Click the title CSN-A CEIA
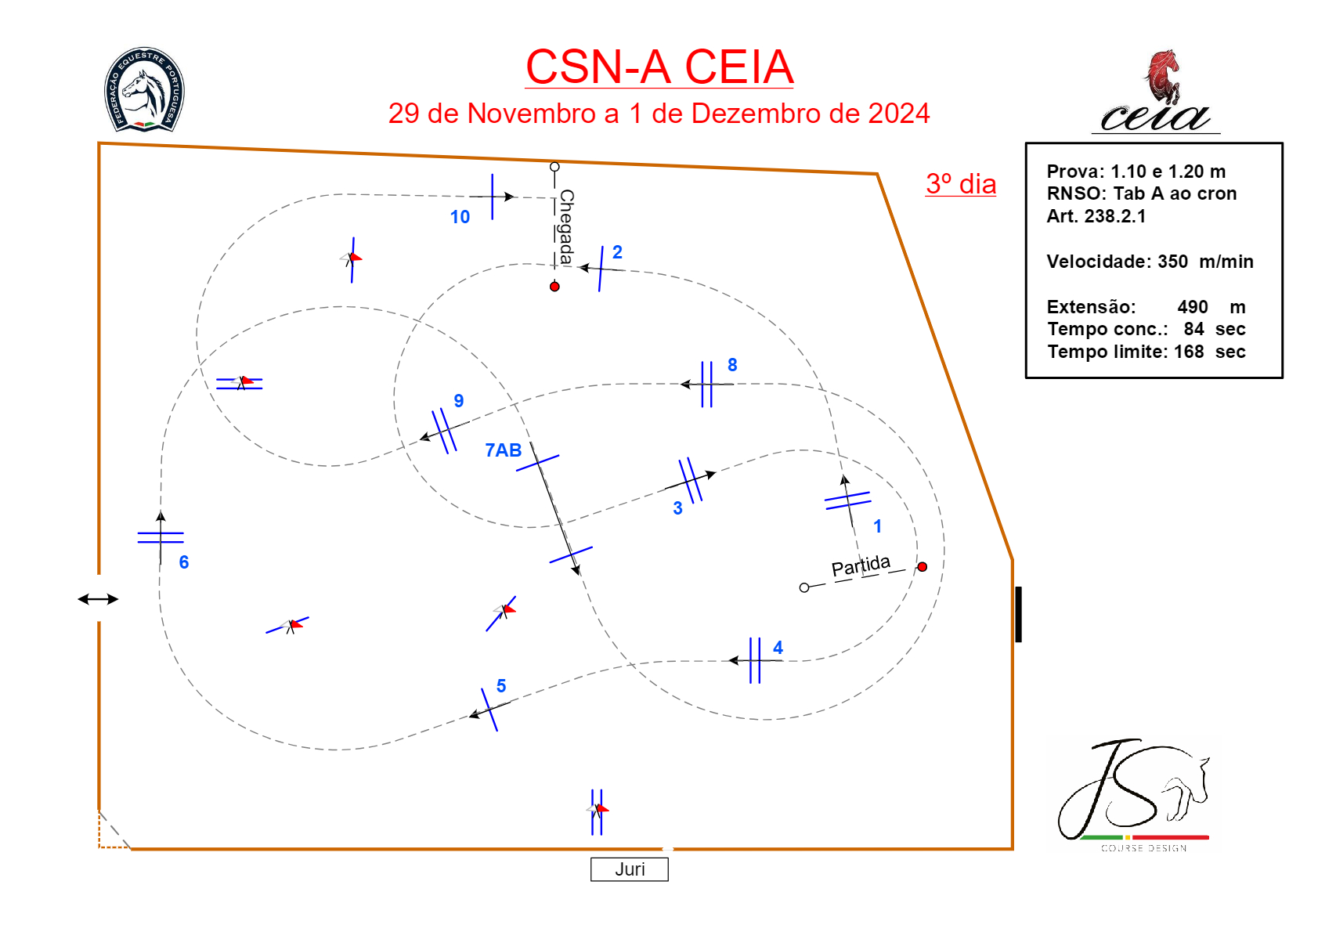tap(659, 67)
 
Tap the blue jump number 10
tap(460, 217)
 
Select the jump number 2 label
tap(617, 252)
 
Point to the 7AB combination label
tap(503, 450)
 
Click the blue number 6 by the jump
tap(184, 562)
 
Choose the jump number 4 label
tap(778, 648)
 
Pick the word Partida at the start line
tap(861, 565)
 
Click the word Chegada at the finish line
tap(565, 226)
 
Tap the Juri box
tap(630, 869)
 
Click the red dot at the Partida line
tap(922, 567)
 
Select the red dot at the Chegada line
tap(554, 287)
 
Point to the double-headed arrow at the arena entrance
tap(98, 599)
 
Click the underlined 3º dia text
tap(961, 184)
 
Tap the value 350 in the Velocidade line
tap(1172, 262)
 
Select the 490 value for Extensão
tap(1192, 307)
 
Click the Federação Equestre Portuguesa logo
tap(144, 89)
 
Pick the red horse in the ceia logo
tap(1162, 76)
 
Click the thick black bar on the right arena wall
tap(1018, 614)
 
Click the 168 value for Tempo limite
tap(1188, 352)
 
